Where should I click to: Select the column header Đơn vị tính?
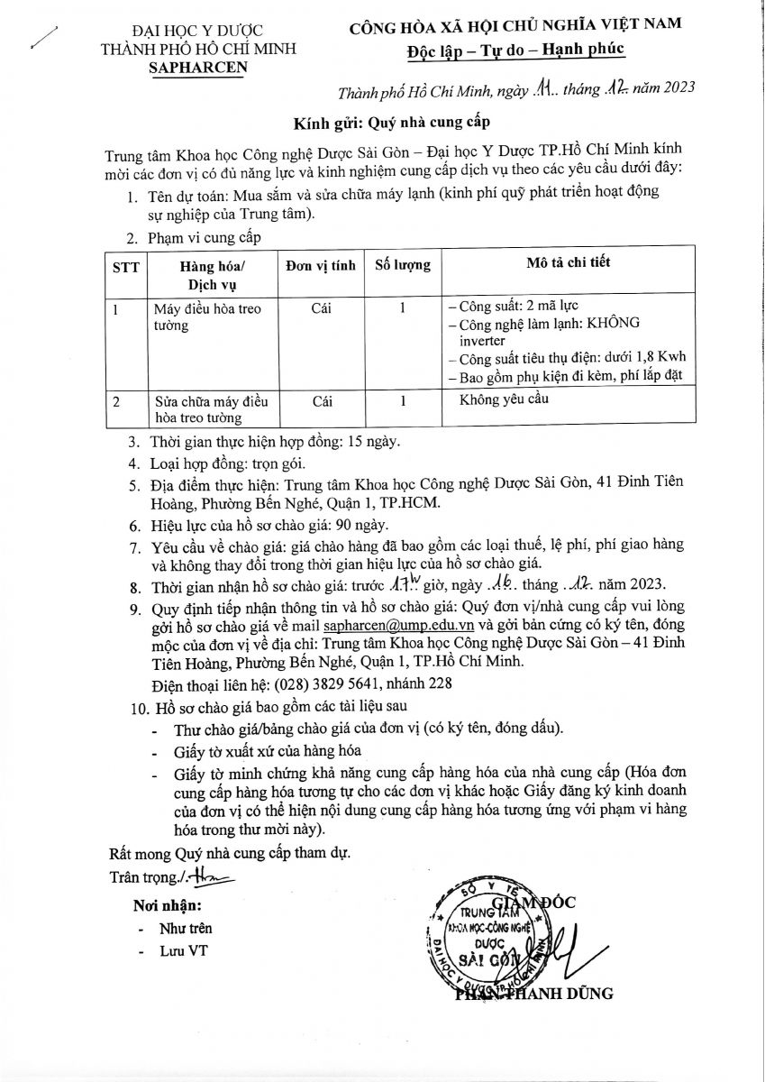320,265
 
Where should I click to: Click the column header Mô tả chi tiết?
568,262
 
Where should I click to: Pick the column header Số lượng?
402,265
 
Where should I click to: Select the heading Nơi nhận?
168,905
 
